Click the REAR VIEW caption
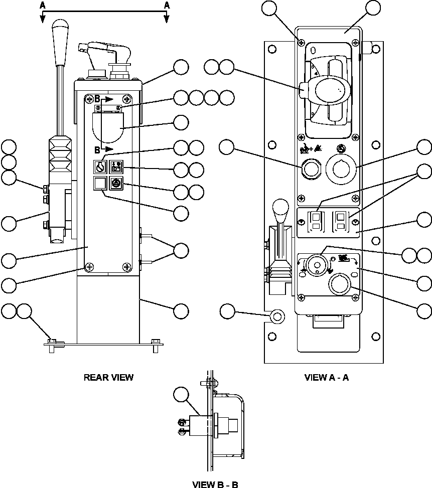pos(108,377)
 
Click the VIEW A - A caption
pos(326,377)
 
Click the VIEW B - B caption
pos(215,484)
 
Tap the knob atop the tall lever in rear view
pos(61,27)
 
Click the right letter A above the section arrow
pos(167,5)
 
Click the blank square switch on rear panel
pos(100,184)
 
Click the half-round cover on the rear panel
pos(108,128)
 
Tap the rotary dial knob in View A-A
pos(316,264)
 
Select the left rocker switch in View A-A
pos(316,221)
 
